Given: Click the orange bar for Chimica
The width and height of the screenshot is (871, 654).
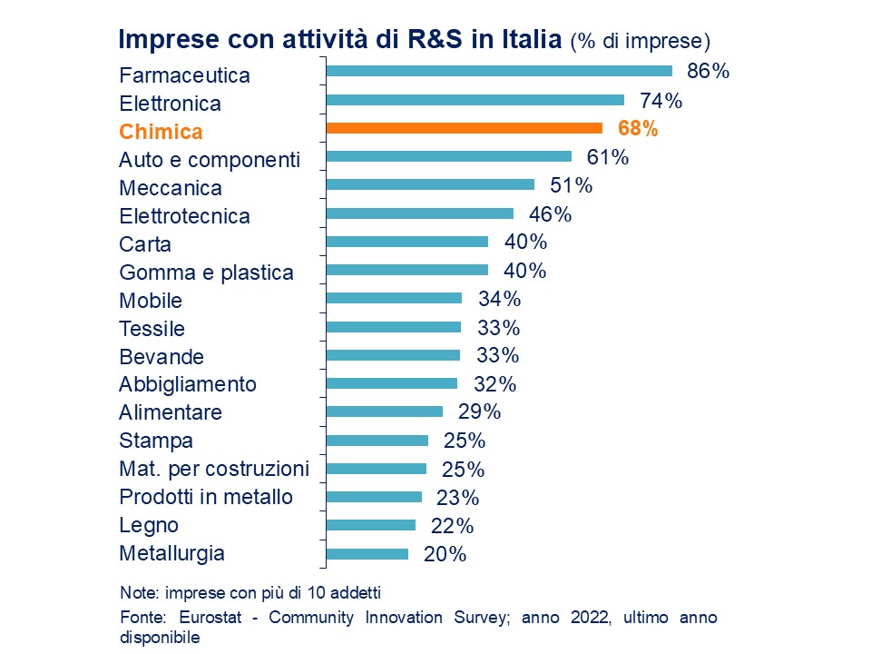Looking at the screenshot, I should (464, 128).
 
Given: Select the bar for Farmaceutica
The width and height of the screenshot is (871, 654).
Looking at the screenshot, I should (499, 71).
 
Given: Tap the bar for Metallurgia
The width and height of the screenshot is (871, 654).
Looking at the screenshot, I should (367, 553).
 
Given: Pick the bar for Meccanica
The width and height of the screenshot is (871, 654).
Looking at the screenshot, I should (430, 184).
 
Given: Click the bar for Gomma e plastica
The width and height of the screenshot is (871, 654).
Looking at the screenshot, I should (406, 270).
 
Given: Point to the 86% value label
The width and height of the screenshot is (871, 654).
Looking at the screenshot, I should (709, 72).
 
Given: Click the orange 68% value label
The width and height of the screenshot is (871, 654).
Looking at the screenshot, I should (637, 129).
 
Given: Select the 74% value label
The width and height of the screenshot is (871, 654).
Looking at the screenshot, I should (661, 100).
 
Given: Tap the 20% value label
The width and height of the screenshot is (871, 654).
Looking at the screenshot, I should (445, 554).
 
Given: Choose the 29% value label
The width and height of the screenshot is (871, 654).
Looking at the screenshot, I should (479, 411).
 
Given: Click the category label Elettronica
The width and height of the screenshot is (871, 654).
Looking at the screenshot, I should (170, 104).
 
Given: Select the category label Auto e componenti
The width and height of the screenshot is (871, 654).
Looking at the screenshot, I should (209, 160).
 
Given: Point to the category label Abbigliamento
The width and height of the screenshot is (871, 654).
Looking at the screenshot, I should (188, 384).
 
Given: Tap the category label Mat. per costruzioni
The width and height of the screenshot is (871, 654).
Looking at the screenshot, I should (214, 469).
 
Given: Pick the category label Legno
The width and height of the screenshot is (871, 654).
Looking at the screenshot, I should (149, 525).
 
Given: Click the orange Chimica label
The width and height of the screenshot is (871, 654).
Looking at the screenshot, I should (161, 132).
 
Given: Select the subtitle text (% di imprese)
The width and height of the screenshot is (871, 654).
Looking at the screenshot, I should (640, 42).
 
